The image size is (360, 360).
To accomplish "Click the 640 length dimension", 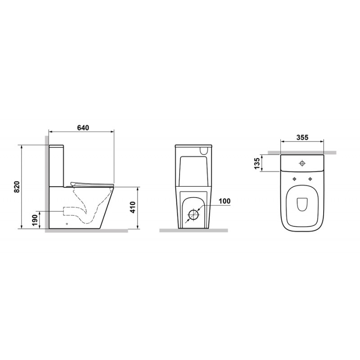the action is click(83, 128).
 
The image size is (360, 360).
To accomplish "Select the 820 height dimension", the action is click(17, 187).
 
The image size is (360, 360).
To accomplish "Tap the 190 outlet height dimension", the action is click(35, 220).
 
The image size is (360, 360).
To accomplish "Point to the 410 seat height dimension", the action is click(133, 207).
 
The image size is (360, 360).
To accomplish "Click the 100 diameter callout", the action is click(224, 201).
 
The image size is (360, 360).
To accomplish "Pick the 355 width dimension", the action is click(302, 137).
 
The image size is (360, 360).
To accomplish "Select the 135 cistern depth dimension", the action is click(257, 163).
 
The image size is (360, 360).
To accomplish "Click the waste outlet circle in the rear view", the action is click(193, 215).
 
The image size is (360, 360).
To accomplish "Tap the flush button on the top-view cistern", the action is click(302, 163).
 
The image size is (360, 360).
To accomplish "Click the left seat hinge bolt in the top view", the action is click(294, 179).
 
